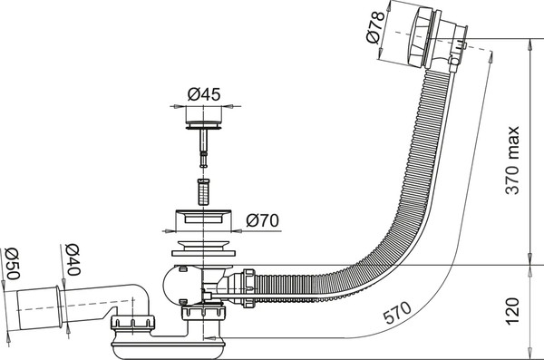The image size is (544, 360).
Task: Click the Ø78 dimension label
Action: coord(375,27)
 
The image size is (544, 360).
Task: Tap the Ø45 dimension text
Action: coord(204,93)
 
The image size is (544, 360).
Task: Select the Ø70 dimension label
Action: coord(263,220)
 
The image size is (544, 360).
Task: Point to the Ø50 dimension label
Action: coord(13,264)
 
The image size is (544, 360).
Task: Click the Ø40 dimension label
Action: coord(73,259)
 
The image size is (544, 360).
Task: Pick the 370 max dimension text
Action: coord(512,160)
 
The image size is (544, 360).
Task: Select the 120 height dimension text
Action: coord(512,311)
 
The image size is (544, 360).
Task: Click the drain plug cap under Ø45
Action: coord(203,124)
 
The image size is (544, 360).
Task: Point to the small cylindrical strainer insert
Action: coord(203,191)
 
